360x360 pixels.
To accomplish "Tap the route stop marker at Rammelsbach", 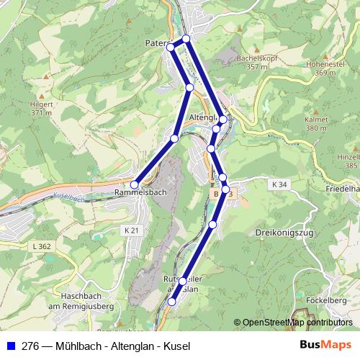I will coord(134,185).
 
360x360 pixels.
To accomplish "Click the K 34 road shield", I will coord(280,185).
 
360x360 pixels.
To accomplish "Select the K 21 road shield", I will coord(130,230).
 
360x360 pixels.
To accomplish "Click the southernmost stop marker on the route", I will coord(171,302).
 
